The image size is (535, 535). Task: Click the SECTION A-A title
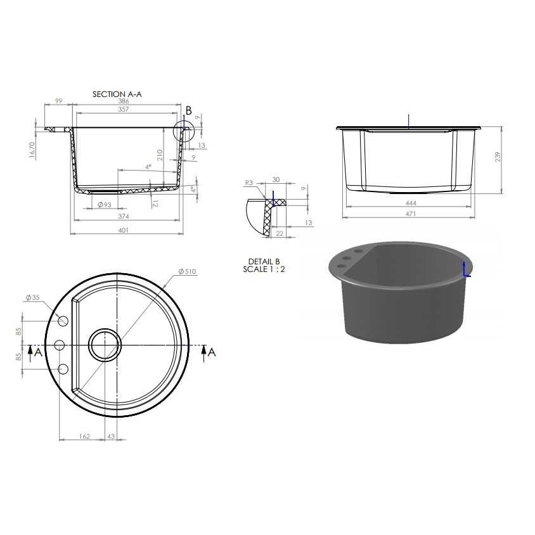click(x=117, y=94)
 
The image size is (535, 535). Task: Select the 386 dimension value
click(x=124, y=101)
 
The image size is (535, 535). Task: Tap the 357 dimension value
click(x=124, y=109)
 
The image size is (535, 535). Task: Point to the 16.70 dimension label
click(x=32, y=150)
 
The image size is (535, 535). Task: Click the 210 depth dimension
click(x=160, y=155)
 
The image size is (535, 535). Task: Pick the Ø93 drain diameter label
click(x=105, y=205)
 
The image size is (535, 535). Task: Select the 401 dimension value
click(x=123, y=230)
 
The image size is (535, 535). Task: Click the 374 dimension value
click(x=123, y=216)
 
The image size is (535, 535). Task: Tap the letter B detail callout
click(x=189, y=111)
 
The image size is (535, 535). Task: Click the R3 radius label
click(x=249, y=183)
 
